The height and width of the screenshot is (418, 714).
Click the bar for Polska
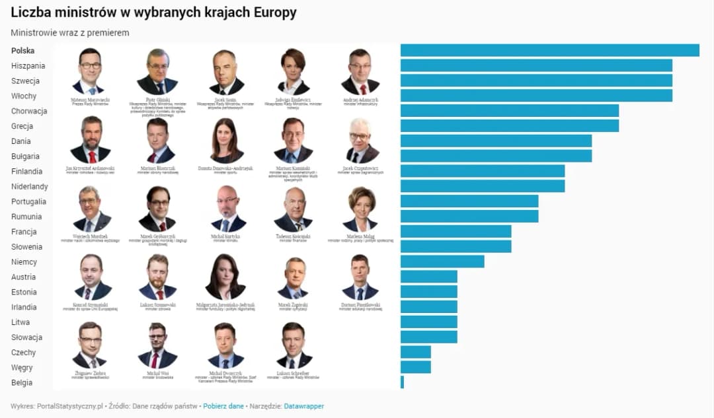pyautogui.click(x=549, y=50)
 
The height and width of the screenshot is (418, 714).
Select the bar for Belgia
pyautogui.click(x=402, y=382)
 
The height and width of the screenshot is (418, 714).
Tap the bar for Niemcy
pyautogui.click(x=442, y=261)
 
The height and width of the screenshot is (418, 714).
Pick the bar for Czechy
pyautogui.click(x=415, y=352)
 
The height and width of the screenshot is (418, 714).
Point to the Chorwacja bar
pyautogui.click(x=509, y=111)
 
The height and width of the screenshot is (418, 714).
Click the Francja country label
pyautogui.click(x=23, y=232)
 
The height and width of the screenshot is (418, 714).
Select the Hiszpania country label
pyautogui.click(x=28, y=66)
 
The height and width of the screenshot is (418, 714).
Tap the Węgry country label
pyautogui.click(x=22, y=368)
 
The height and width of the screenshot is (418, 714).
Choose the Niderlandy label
pyautogui.click(x=30, y=187)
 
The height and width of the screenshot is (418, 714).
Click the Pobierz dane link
pyautogui.click(x=223, y=406)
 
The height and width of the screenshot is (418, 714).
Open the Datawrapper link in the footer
pyautogui.click(x=304, y=406)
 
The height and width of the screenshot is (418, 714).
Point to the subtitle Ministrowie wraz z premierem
pyautogui.click(x=70, y=32)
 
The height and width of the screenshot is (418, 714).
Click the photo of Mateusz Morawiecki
pyautogui.click(x=91, y=71)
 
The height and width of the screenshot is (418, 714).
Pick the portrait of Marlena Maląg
pyautogui.click(x=360, y=209)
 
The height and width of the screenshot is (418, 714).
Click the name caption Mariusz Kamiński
pyautogui.click(x=294, y=168)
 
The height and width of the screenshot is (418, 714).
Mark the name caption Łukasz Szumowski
pyautogui.click(x=157, y=305)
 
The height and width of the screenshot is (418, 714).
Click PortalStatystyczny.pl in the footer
pyautogui.click(x=71, y=406)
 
